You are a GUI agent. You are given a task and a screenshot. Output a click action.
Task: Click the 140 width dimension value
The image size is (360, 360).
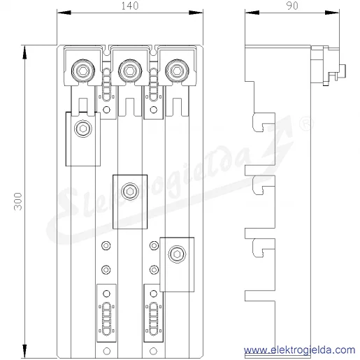pos(130,6)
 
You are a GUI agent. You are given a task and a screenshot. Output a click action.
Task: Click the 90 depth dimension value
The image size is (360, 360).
pos(292,6)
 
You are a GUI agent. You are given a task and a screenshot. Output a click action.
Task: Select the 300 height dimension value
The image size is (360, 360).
pos(18,201)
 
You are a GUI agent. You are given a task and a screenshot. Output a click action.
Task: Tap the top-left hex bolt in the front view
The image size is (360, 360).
pos(83,71)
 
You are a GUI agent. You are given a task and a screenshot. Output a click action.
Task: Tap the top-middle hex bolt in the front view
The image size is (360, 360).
pos(130,71)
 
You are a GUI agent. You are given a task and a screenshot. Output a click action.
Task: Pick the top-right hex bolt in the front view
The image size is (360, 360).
pos(177,71)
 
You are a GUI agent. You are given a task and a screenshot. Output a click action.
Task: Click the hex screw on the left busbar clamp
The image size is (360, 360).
pos(83,129)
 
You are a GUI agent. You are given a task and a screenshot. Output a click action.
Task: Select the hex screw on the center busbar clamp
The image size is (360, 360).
pos(130,192)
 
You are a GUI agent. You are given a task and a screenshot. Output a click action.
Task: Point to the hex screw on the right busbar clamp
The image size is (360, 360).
pos(177,254)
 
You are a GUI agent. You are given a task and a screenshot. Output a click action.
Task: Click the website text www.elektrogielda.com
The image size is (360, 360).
pos(300,350)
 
